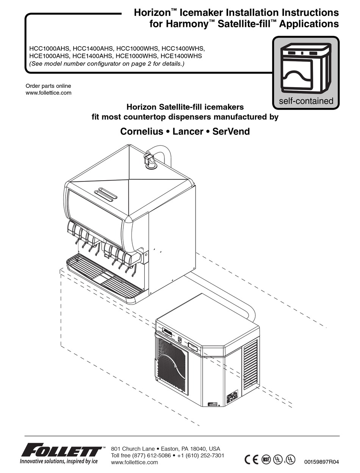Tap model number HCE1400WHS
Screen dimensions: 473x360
pyautogui.click(x=182, y=56)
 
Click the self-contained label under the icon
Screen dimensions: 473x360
pyautogui.click(x=306, y=101)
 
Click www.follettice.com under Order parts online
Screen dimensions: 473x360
pyautogui.click(x=48, y=93)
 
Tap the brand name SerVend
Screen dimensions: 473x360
pyautogui.click(x=231, y=132)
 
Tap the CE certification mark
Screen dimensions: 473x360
pyautogui.click(x=251, y=459)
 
